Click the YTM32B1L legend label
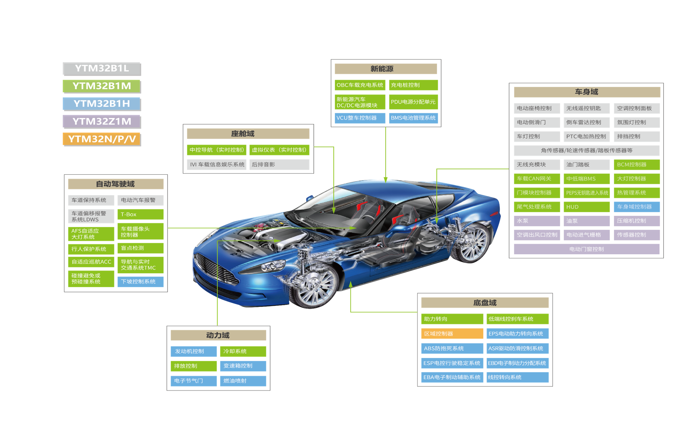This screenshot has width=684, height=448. click(x=101, y=69)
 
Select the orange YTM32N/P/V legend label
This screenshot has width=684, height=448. click(x=101, y=139)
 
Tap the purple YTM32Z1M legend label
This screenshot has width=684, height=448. click(x=101, y=121)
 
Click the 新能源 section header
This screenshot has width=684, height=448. click(x=386, y=69)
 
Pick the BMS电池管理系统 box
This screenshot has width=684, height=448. click(x=413, y=118)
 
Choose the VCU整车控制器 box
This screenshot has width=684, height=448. click(x=360, y=118)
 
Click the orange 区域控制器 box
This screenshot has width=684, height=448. click(x=452, y=333)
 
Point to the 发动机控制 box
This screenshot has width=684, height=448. click(x=193, y=351)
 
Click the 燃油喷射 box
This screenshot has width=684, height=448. click(x=243, y=381)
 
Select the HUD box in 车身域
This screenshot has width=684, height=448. click(x=586, y=207)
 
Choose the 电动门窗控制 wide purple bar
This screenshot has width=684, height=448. click(x=586, y=249)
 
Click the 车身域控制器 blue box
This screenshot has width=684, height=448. click(x=637, y=207)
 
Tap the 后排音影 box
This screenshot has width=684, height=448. click(x=279, y=165)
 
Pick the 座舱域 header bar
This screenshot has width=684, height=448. click(x=248, y=134)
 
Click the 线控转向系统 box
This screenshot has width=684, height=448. click(x=517, y=377)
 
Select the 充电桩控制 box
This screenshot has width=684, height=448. click(x=413, y=85)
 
